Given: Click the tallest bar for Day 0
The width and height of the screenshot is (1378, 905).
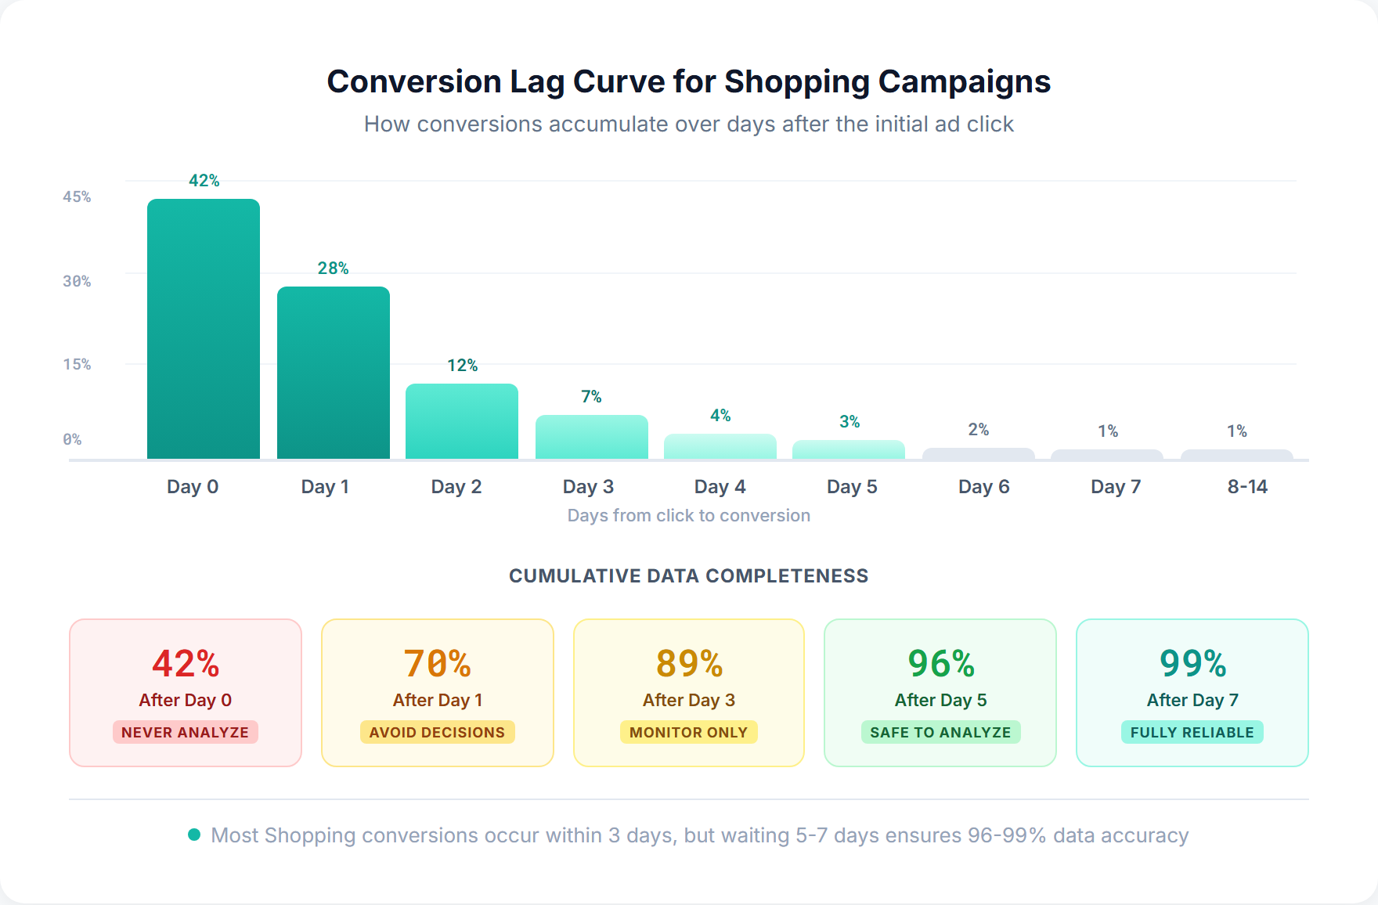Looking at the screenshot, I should click(204, 329).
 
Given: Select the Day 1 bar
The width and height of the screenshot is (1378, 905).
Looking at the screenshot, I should click(334, 373).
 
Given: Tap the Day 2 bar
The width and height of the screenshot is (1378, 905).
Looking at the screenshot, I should click(462, 421).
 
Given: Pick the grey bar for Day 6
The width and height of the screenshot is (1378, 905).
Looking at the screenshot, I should click(979, 454).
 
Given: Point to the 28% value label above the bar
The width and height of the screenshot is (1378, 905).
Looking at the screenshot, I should click(333, 269).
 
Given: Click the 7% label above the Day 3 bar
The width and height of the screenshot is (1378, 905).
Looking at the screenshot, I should click(591, 397).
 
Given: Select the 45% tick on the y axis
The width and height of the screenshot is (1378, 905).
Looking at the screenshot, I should click(77, 197).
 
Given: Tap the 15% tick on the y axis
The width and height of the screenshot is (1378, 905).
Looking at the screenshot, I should click(77, 364).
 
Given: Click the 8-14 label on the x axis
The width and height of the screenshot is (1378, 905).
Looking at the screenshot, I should click(1247, 487).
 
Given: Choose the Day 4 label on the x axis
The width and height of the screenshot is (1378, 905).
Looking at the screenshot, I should click(720, 487).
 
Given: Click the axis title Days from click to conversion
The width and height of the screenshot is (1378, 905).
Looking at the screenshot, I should click(688, 515).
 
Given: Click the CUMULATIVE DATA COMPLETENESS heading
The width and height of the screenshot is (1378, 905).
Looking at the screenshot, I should click(688, 576).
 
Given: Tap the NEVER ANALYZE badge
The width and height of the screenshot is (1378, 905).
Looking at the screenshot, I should click(185, 732).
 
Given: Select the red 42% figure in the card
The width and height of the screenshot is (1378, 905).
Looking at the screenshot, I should click(185, 664).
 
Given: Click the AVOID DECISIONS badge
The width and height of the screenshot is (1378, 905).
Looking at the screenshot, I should click(437, 732).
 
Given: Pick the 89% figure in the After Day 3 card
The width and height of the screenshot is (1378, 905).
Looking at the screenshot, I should click(689, 664).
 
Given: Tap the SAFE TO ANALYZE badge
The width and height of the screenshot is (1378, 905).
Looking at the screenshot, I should click(940, 732).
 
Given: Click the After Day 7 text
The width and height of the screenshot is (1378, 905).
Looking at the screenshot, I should click(1192, 700).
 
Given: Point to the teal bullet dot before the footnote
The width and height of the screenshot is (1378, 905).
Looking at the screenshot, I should click(194, 835).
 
